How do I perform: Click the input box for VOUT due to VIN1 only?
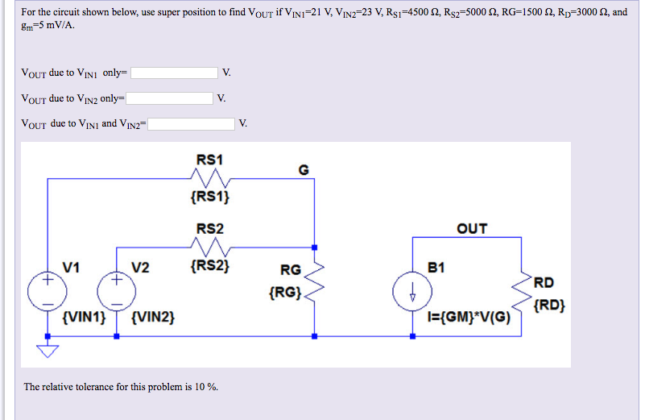pos(175,73)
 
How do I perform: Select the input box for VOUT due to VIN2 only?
pos(170,98)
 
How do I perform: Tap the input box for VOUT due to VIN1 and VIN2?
pos(191,124)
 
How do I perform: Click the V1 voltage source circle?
pos(48,292)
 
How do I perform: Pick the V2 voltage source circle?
pos(116,292)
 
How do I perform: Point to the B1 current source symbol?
pos(411,292)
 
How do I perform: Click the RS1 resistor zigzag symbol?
pos(211,177)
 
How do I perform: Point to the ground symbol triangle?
pos(48,349)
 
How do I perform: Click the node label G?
pos(303,169)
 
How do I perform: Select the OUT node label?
pos(472,229)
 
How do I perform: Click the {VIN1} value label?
pos(84,318)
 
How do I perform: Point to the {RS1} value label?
pos(210,196)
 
